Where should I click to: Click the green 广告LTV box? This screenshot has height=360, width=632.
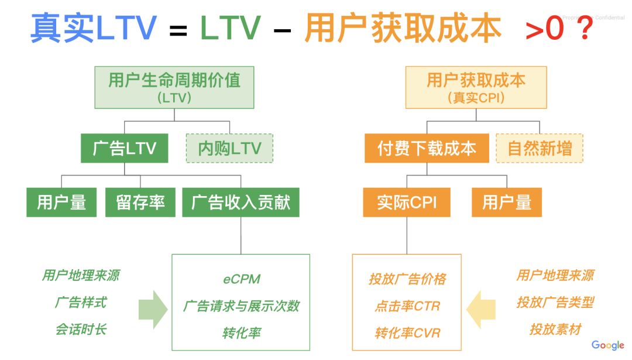pos(124,149)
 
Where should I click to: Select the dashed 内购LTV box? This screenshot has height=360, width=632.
pos(229,149)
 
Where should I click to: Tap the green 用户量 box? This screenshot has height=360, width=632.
pos(61,203)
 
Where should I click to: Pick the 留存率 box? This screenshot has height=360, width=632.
pos(140,203)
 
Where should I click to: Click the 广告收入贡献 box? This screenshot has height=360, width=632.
pos(241,203)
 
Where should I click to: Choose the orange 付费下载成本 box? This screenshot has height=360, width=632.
pos(427,149)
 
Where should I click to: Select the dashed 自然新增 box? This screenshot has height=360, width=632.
pos(540,149)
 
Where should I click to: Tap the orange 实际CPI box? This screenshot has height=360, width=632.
pos(407,203)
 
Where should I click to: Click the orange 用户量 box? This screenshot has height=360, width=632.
pos(507,203)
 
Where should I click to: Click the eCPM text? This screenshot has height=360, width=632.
pos(241,279)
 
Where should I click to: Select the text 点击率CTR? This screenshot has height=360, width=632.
pos(407,306)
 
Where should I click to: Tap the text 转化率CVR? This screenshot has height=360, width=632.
pos(407,333)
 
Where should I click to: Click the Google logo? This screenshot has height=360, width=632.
pos(607,345)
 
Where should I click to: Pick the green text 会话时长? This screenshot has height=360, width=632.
pos(81,330)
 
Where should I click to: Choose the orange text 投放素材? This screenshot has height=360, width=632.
pos(555,330)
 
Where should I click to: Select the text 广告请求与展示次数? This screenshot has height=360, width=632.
pos(241,306)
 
